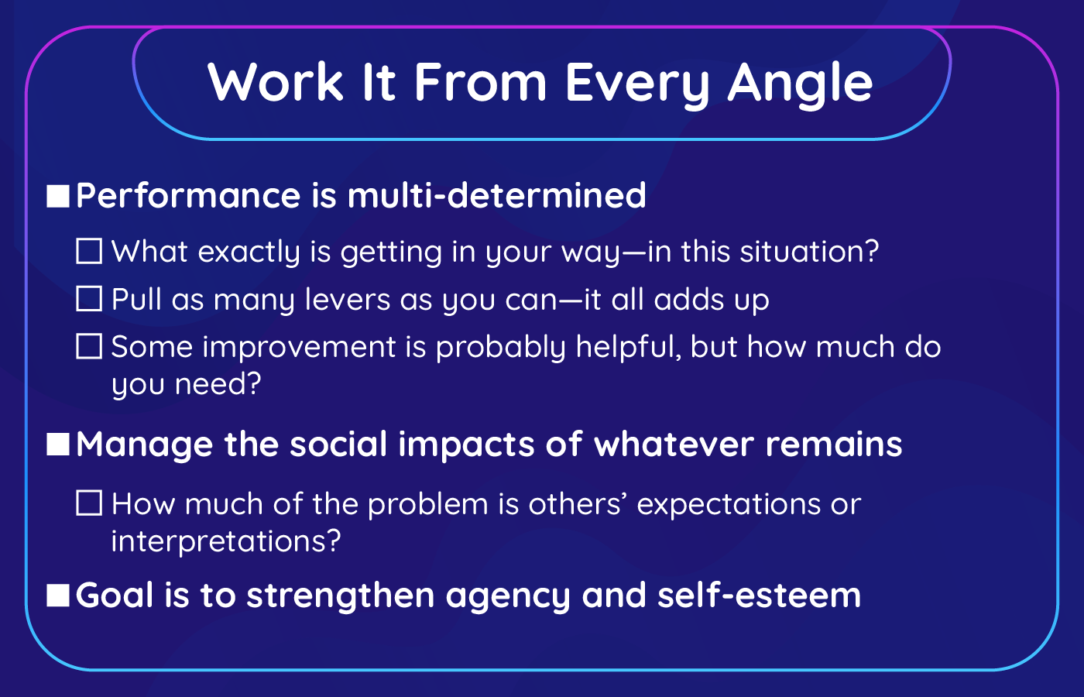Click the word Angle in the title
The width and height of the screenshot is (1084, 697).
click(800, 84)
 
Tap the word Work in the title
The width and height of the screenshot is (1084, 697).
click(276, 82)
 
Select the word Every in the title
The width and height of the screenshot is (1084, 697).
click(636, 84)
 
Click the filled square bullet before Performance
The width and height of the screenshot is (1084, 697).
click(58, 196)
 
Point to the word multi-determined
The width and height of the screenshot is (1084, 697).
click(496, 195)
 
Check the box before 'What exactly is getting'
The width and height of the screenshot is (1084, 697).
click(89, 251)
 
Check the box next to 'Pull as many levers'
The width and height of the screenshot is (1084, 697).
click(89, 299)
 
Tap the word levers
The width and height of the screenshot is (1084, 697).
click(348, 299)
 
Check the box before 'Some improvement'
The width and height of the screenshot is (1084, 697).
click(89, 346)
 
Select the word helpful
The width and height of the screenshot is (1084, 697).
click(629, 347)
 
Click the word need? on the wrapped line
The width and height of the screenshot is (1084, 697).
click(218, 384)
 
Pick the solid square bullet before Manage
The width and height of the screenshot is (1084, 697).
click(58, 445)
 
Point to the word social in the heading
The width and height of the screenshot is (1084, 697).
click(338, 444)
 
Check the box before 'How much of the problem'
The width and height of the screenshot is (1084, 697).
click(89, 503)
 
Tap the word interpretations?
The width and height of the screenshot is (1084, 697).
click(226, 541)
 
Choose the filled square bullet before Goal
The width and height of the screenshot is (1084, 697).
click(58, 596)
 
